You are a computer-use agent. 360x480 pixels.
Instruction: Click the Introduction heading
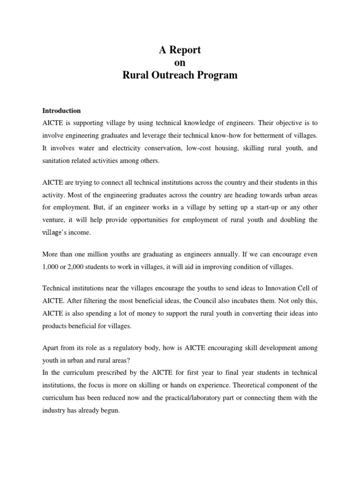click(x=61, y=111)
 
